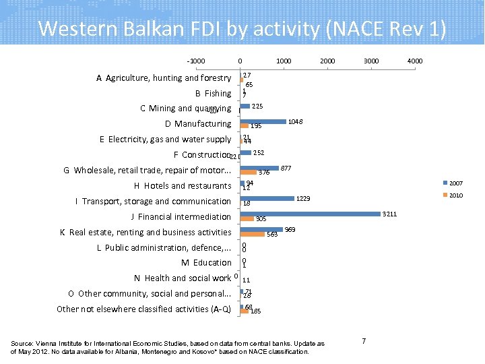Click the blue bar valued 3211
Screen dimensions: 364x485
click(x=310, y=214)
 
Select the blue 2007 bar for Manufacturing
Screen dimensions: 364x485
click(x=263, y=121)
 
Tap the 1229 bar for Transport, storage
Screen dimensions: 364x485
click(x=267, y=198)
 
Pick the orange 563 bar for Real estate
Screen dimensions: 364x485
click(x=253, y=235)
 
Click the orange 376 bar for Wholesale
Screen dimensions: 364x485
click(x=248, y=173)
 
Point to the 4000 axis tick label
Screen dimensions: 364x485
click(x=415, y=61)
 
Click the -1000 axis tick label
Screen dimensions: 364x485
click(x=196, y=61)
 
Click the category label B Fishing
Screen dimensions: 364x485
click(x=213, y=94)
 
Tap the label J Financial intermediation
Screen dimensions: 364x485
click(x=181, y=217)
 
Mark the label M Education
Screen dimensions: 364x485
click(x=206, y=263)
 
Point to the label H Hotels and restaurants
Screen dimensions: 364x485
click(x=183, y=186)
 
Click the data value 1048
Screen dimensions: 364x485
click(x=294, y=122)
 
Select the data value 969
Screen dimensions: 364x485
click(x=290, y=230)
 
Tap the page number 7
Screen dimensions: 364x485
click(x=364, y=341)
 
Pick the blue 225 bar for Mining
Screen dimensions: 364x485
click(x=245, y=106)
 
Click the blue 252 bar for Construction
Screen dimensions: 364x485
click(x=246, y=152)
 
